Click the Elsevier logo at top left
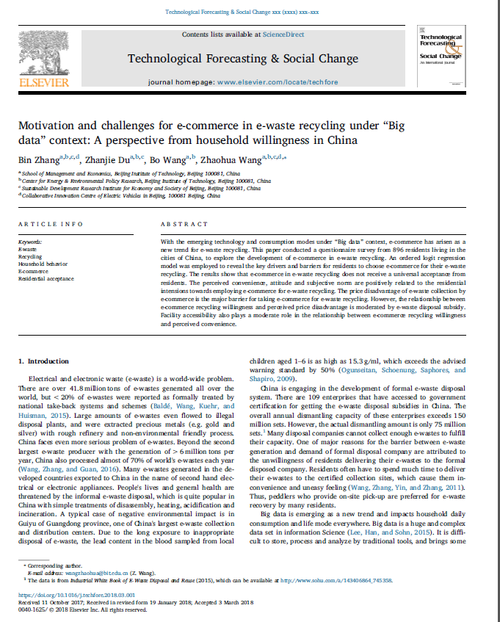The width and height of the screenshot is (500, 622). [41, 62]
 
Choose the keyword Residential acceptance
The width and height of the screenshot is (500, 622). [46, 278]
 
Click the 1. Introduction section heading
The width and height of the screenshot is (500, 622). [43, 361]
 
